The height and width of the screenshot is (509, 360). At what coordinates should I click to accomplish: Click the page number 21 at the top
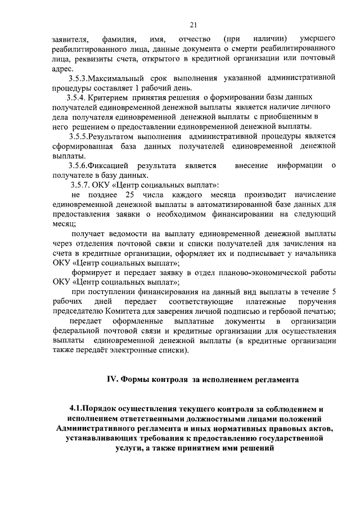pos(193,24)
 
